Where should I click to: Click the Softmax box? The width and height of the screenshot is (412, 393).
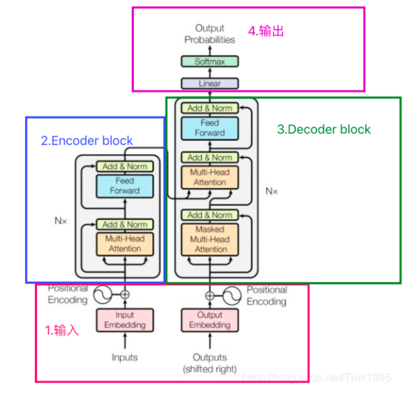[210, 62]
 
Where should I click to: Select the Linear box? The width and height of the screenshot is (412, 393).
[210, 83]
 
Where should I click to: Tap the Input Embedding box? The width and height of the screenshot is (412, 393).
[125, 320]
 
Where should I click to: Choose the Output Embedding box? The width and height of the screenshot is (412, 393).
[210, 320]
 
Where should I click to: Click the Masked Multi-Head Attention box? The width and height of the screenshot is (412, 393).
[210, 239]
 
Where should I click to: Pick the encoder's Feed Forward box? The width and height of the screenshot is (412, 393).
[125, 186]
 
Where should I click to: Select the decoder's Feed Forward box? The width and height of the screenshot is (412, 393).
[210, 128]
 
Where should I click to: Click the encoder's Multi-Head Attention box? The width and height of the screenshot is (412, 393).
[125, 244]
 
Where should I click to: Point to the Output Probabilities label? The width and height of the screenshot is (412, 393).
[210, 34]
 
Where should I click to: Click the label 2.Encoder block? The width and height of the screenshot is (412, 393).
[87, 141]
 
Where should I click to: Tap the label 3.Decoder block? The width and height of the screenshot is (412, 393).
[324, 129]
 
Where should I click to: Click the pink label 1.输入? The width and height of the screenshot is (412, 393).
[61, 330]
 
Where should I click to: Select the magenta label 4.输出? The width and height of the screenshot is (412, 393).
[266, 31]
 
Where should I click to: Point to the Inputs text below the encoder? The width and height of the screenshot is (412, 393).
[125, 357]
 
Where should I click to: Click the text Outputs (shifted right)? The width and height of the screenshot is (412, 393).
[210, 363]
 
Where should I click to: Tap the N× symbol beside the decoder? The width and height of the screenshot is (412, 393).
[272, 191]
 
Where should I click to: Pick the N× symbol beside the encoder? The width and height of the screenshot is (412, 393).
[61, 220]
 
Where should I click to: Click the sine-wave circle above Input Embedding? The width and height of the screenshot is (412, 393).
[102, 295]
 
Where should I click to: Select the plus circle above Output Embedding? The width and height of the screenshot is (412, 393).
[210, 296]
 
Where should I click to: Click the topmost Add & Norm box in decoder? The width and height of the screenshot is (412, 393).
[210, 108]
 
